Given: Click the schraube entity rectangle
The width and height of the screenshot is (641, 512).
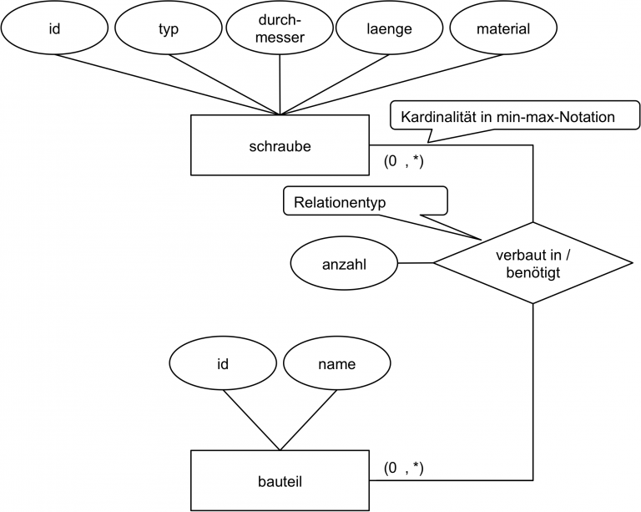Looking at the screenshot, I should pos(280,145).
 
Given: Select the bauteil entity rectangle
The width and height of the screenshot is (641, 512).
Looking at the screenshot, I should pos(280,481).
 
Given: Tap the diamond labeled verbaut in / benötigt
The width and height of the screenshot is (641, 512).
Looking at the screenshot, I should pos(532,264).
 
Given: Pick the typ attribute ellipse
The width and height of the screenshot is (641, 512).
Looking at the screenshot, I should pos(168,29).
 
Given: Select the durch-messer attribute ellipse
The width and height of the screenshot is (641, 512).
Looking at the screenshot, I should pos(280,29).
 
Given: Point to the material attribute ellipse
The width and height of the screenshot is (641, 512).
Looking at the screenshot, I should pos(502,29).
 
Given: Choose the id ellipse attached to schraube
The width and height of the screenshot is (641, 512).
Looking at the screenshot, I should pos(55,29).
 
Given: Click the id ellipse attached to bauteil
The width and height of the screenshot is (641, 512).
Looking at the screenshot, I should pos(223,365).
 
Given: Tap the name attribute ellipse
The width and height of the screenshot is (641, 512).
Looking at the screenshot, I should pos(336,365).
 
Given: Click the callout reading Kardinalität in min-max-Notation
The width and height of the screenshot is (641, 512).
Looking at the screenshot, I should pos(507,117).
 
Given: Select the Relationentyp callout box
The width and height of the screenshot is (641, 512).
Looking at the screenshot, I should pos(365,201).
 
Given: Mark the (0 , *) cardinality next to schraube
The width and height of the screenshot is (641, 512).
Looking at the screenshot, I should pos(403,162).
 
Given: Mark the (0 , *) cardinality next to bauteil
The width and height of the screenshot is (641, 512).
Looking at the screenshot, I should pos(403,469).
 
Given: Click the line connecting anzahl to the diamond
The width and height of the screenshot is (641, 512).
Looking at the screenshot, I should pos(415,264).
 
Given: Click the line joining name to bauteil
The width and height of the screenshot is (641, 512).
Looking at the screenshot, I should pos(310,418).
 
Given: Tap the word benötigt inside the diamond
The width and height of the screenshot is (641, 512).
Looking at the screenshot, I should pos(532,273).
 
